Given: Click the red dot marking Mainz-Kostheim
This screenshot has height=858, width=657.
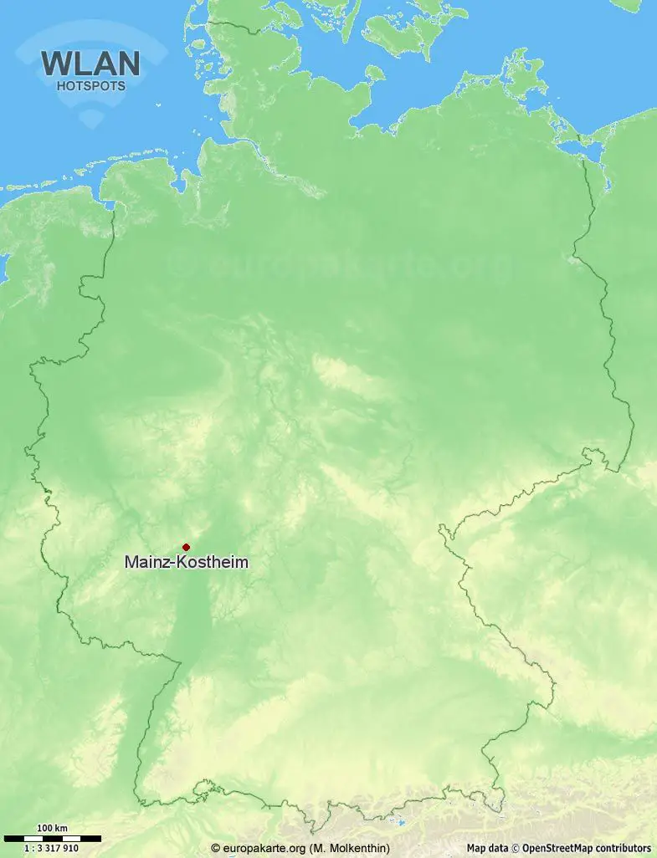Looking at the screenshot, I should coord(186,547).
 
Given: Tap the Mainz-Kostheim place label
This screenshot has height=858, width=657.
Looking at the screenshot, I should coord(186,563).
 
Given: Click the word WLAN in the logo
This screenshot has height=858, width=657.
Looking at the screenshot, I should coord(90,64).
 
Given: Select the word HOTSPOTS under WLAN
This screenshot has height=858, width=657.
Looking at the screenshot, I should coord(90,85).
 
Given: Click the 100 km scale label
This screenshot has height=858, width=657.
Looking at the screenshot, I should coord(52,829).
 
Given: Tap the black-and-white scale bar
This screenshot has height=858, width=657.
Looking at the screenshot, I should coord(52,838).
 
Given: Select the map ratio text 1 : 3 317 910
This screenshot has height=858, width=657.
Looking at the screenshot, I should coord(52,848).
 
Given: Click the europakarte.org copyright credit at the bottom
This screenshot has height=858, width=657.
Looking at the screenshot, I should coord(300,848).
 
